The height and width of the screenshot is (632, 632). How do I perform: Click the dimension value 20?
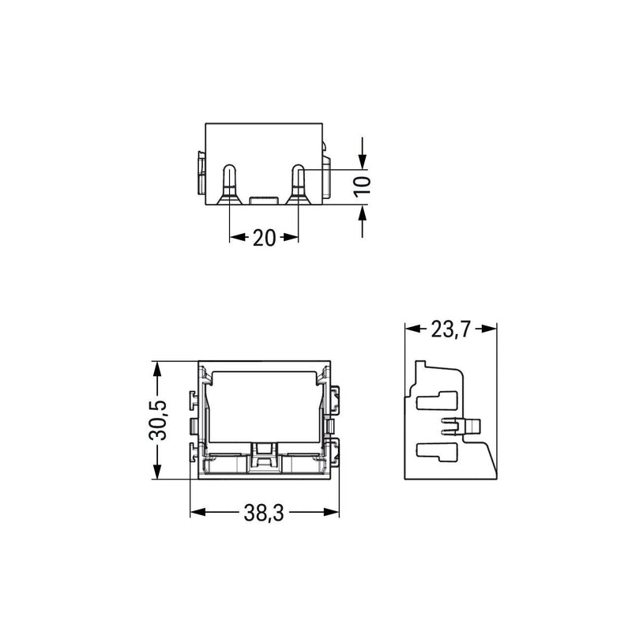pyautogui.click(x=264, y=238)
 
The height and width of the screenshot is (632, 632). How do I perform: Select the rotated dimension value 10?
pyautogui.click(x=363, y=187)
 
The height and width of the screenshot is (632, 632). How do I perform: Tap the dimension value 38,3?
pyautogui.click(x=264, y=513)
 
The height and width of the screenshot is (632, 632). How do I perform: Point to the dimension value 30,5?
pyautogui.click(x=157, y=420)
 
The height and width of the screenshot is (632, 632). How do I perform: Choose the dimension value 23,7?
pyautogui.click(x=450, y=329)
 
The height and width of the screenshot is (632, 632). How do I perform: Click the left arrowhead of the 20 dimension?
pyautogui.click(x=238, y=237)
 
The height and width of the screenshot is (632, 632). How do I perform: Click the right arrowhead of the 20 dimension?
pyautogui.click(x=291, y=237)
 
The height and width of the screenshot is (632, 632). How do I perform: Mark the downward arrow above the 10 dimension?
pyautogui.click(x=363, y=153)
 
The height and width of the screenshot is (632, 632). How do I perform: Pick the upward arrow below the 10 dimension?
pyautogui.click(x=363, y=221)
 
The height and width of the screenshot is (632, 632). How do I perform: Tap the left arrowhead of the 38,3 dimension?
pyautogui.click(x=198, y=512)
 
